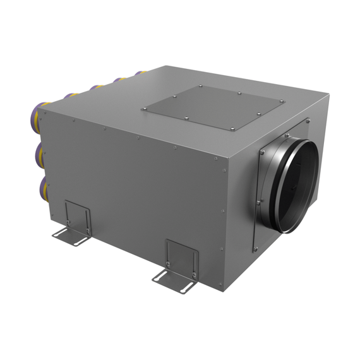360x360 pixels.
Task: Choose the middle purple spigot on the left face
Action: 39,153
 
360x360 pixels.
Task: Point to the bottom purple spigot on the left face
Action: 40,187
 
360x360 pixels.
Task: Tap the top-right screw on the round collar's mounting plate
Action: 307,120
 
